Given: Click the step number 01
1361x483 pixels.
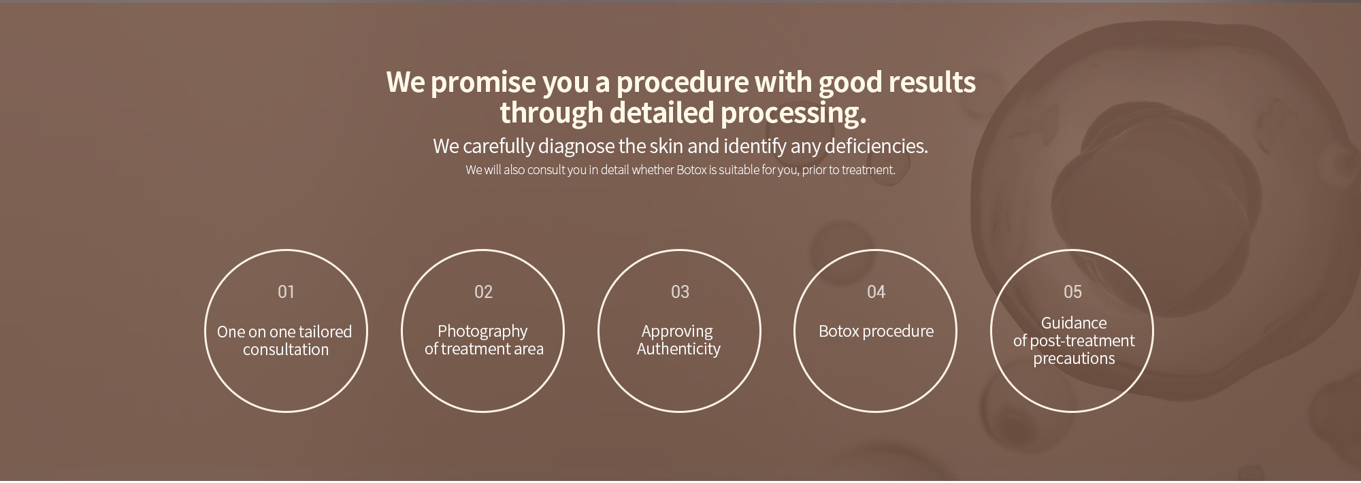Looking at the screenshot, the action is (x=286, y=292).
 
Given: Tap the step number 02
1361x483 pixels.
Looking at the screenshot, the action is (x=483, y=292).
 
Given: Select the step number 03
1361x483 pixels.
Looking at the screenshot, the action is (x=680, y=292).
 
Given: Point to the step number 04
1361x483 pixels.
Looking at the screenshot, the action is (x=876, y=292).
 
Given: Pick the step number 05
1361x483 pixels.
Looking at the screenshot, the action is (x=1072, y=292).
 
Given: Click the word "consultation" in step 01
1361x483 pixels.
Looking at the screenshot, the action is (x=286, y=350).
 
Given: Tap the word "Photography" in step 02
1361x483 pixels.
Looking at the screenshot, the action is (x=482, y=332).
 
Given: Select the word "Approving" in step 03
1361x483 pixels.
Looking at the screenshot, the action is (x=677, y=332).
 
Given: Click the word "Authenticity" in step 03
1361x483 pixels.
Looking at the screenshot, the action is (x=678, y=350).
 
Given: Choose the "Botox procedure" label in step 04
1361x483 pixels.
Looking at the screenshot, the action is (x=876, y=331).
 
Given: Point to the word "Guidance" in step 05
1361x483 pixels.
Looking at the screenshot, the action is (x=1074, y=323).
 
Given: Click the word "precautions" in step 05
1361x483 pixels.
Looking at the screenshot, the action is (x=1074, y=359).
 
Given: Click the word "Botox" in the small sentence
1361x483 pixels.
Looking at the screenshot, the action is (x=691, y=170).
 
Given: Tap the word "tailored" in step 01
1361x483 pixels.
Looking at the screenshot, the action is (x=325, y=332).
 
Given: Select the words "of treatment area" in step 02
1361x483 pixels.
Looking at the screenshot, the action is (x=484, y=350).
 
